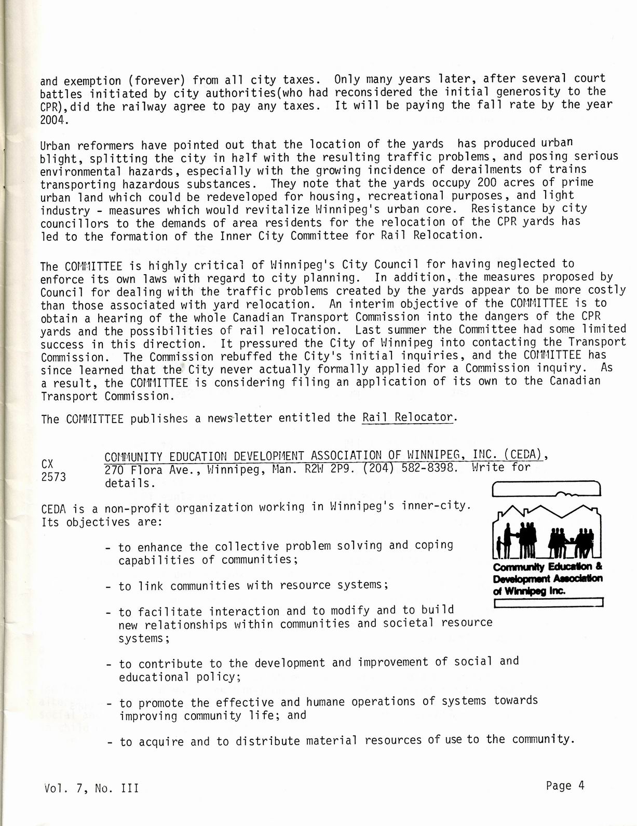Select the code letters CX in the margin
[x=48, y=464]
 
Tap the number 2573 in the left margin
[x=53, y=477]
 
